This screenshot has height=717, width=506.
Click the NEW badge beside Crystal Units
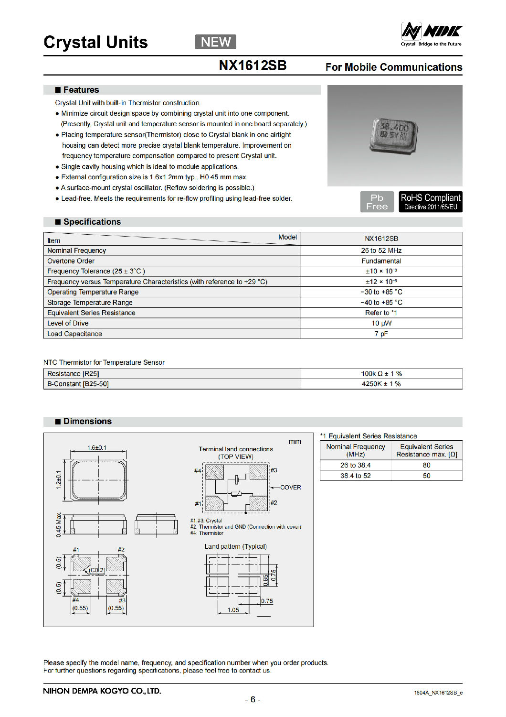(x=215, y=42)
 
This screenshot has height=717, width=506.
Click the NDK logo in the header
(x=431, y=34)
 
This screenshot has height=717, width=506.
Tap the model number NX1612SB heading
(x=253, y=65)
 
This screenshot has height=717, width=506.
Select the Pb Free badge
(x=377, y=202)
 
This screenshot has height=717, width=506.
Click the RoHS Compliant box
(x=430, y=202)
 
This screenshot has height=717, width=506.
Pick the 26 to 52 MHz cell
(x=381, y=250)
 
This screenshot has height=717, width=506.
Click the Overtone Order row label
(x=71, y=261)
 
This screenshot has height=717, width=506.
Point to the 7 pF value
(x=381, y=334)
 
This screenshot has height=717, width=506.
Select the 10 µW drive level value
(x=381, y=323)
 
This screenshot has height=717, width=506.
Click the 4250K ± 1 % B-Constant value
(x=381, y=384)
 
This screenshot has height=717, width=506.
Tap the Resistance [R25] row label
(x=73, y=374)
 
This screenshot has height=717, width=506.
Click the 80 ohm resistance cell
(x=426, y=465)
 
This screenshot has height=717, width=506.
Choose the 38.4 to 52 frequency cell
(x=355, y=476)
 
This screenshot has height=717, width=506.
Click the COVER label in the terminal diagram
(x=291, y=488)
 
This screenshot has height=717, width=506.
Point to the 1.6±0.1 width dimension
(x=96, y=448)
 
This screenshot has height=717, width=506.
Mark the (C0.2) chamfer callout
(x=96, y=570)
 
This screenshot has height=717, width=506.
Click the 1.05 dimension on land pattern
(x=233, y=610)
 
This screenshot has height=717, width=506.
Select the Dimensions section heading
(x=87, y=421)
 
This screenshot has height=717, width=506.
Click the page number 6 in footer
(x=253, y=699)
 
